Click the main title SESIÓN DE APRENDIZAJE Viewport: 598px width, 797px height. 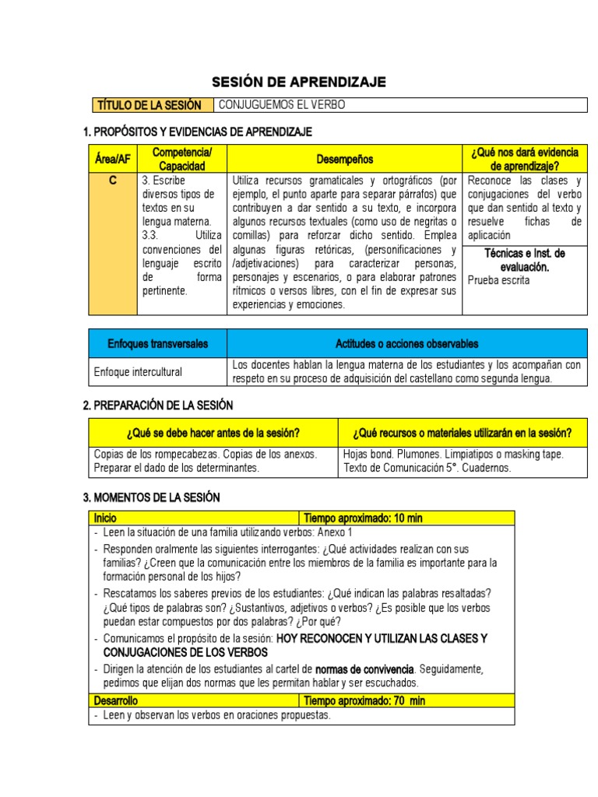(x=299, y=83)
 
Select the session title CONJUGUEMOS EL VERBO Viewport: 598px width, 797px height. (x=281, y=105)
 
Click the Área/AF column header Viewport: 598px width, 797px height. (x=112, y=160)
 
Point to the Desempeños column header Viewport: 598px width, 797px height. (x=344, y=160)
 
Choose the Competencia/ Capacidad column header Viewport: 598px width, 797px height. (x=182, y=160)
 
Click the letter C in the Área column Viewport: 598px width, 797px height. (x=112, y=181)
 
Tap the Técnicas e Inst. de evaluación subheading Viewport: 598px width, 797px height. (x=525, y=260)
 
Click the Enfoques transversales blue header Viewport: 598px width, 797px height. (x=158, y=343)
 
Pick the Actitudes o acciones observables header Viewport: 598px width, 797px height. (x=406, y=343)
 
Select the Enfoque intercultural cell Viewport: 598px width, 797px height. (x=138, y=372)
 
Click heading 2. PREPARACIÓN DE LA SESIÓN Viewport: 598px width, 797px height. (x=157, y=406)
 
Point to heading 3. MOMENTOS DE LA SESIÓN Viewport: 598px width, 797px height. (x=151, y=497)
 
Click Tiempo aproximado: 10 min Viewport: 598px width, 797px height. (x=363, y=518)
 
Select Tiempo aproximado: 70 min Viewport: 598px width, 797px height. (x=364, y=700)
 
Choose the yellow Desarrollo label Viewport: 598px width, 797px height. (x=115, y=700)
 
